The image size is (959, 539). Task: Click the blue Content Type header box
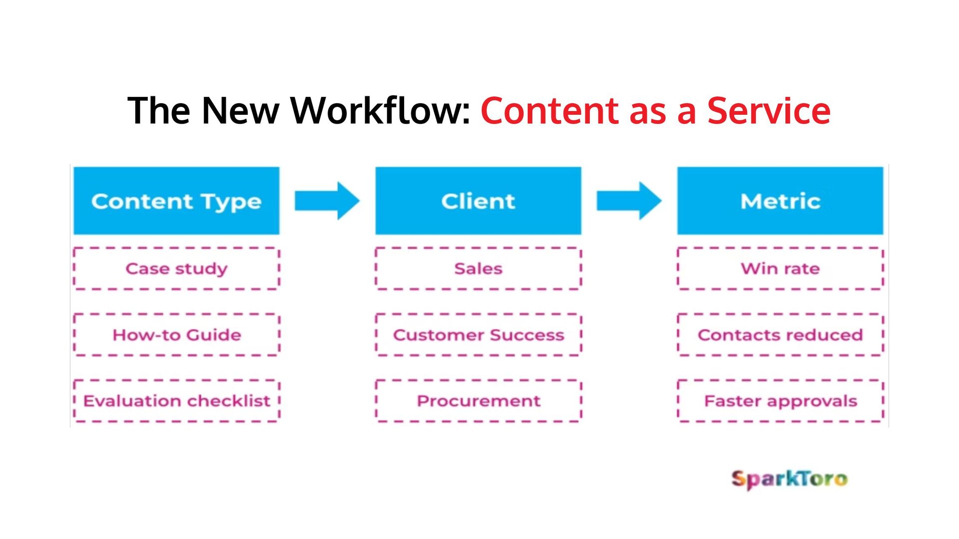point(176,201)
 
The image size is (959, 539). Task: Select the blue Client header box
point(478,201)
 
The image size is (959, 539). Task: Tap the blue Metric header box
point(780,201)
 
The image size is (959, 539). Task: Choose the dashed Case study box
point(176,269)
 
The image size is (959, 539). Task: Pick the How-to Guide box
point(176,334)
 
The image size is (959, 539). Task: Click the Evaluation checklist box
point(176,401)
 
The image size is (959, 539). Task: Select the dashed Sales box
point(478,269)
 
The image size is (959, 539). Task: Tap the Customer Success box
point(478,334)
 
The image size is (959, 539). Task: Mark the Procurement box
point(478,401)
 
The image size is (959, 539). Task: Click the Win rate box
point(780,269)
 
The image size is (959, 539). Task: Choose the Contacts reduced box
point(780,334)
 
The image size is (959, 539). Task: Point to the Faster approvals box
point(780,401)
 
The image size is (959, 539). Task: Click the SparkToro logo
point(789,479)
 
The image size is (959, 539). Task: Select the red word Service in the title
point(769,110)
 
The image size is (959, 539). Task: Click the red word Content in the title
point(549,110)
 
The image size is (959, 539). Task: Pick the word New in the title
point(240,110)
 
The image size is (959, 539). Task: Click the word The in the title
point(159,110)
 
